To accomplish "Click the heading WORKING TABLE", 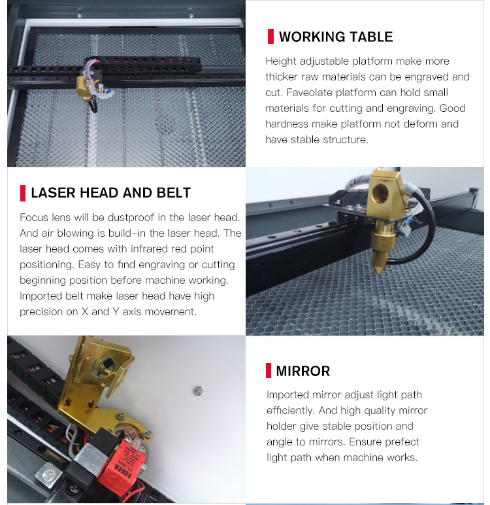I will [336, 37].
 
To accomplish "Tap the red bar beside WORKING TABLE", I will [270, 37].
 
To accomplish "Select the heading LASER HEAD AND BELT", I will [110, 192].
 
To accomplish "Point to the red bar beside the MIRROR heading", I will [269, 371].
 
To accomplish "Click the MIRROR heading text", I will [302, 371].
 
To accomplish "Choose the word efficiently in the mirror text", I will [292, 410].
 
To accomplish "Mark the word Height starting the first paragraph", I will [280, 61].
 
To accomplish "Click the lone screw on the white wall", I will [195, 391].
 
